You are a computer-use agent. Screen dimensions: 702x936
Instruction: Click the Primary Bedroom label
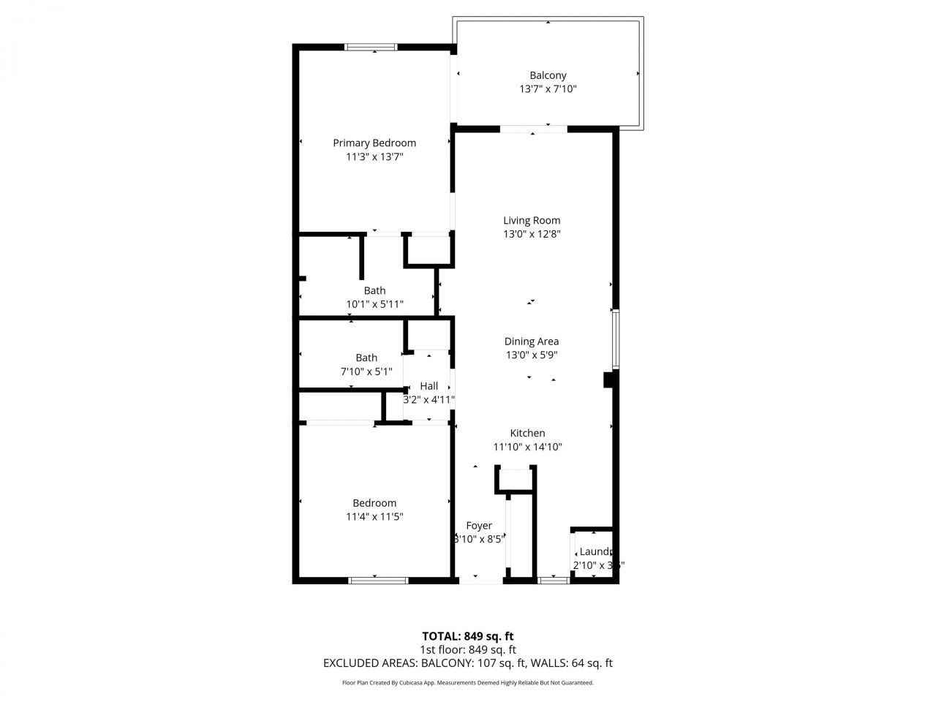point(374,143)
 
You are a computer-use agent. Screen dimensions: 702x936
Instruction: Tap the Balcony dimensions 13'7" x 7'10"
point(548,89)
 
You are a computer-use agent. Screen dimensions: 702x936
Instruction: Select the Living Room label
point(532,220)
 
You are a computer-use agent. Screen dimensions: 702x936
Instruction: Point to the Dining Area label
point(532,341)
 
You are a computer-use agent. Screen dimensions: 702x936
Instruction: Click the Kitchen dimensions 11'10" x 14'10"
point(527,447)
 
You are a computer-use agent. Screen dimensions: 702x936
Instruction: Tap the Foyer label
point(479,525)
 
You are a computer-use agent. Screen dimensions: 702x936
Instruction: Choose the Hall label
point(429,386)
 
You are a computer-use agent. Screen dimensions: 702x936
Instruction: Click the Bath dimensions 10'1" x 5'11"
point(374,304)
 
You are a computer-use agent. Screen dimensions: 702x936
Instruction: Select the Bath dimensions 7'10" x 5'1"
point(366,371)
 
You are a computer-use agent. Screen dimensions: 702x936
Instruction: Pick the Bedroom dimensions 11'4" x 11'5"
point(374,516)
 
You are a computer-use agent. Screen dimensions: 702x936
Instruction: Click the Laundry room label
point(595,551)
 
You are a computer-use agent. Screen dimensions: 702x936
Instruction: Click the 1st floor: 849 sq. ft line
point(467,649)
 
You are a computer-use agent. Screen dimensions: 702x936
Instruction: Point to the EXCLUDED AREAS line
point(467,663)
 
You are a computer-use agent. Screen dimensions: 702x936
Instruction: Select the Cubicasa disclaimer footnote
point(467,683)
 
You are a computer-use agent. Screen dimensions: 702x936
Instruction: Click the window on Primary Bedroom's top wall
point(371,48)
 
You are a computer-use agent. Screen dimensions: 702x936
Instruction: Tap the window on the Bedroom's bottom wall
point(378,581)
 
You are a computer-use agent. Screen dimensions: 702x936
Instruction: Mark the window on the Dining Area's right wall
point(616,339)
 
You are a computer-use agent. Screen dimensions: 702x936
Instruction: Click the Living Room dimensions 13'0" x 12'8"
point(532,234)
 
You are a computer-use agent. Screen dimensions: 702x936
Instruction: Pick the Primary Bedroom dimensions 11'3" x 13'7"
point(374,156)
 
